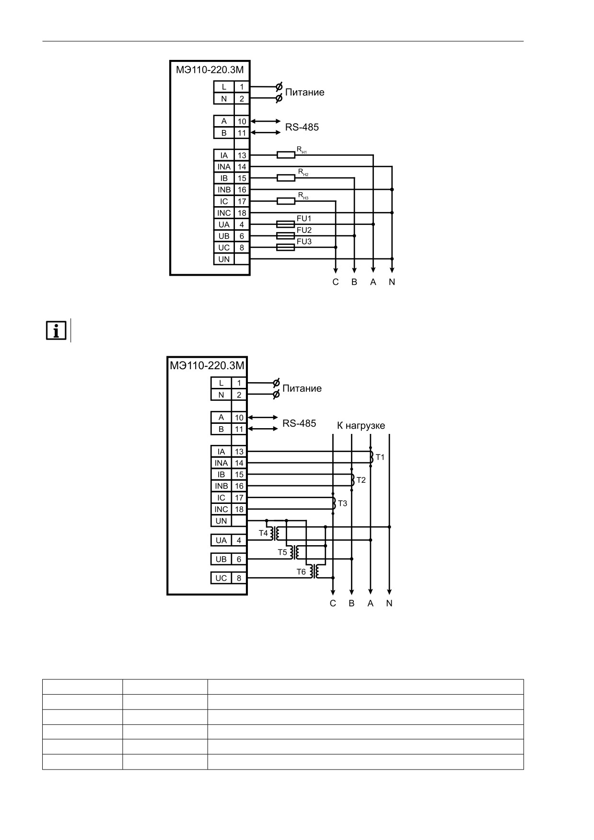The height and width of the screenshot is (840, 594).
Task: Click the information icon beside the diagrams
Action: pos(56,331)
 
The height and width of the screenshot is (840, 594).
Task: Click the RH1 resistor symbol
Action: pos(286,155)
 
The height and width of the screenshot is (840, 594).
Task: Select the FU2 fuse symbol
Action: pos(286,236)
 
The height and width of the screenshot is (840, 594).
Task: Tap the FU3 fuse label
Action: pos(304,242)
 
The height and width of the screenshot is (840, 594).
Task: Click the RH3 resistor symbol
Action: pos(286,201)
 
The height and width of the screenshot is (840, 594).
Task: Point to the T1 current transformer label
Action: pos(380,457)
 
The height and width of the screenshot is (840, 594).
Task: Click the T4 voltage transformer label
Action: pos(263,533)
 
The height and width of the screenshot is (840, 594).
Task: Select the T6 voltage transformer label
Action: pos(301,572)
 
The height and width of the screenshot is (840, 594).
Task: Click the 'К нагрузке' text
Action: pos(361,426)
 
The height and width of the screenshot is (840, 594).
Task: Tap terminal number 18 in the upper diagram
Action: pos(242,213)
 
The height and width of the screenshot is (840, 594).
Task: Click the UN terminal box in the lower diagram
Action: pos(221,521)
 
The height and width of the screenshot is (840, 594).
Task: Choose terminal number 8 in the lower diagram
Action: pos(239,578)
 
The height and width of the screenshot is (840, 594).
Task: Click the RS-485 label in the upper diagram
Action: pos(302,128)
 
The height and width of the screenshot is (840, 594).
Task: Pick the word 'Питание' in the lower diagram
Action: pos(302,388)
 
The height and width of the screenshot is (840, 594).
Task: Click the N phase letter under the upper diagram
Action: pos(392,282)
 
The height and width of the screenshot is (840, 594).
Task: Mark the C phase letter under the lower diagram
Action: pos(333,603)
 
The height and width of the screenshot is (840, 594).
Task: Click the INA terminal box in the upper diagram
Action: pos(224,167)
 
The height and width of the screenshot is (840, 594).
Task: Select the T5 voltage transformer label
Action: pos(282,552)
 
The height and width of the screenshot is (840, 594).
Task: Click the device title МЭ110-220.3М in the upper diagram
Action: pos(210,70)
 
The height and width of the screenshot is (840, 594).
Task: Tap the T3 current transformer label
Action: pos(342,503)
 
